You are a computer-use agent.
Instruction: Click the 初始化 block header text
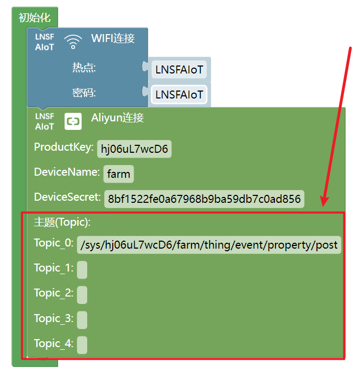point(35,18)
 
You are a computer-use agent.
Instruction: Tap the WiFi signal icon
point(73,42)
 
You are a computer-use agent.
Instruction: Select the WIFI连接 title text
point(113,38)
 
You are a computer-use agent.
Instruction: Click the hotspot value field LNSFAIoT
point(179,70)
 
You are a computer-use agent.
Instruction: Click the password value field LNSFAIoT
point(179,95)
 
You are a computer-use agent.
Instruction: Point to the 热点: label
point(84,68)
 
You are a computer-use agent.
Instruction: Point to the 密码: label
point(84,93)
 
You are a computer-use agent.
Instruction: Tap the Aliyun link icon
point(73,121)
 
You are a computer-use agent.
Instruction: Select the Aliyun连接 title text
point(118,118)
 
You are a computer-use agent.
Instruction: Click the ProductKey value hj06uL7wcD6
point(135,149)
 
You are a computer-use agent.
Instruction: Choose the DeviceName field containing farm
point(119,174)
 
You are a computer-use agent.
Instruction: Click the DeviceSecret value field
point(204,199)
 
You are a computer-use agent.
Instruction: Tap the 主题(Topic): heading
point(62,222)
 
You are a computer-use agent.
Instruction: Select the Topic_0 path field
point(209,245)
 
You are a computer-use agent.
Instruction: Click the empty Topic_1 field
point(82,270)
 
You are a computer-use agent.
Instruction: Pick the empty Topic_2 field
point(82,295)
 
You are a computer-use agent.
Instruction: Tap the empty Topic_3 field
point(82,320)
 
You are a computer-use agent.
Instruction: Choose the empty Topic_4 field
point(82,345)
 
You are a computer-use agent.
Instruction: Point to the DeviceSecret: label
point(68,197)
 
